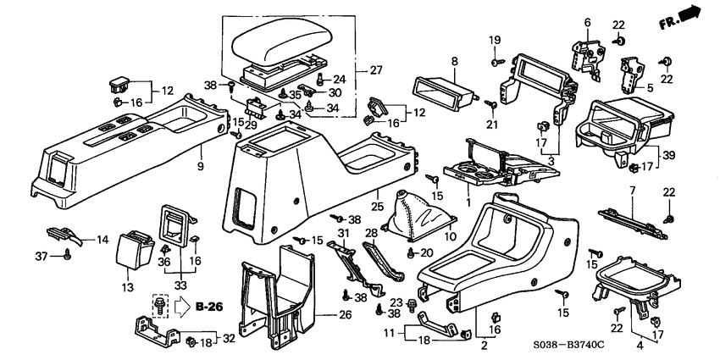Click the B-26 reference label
208,307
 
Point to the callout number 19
494,39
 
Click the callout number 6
586,23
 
